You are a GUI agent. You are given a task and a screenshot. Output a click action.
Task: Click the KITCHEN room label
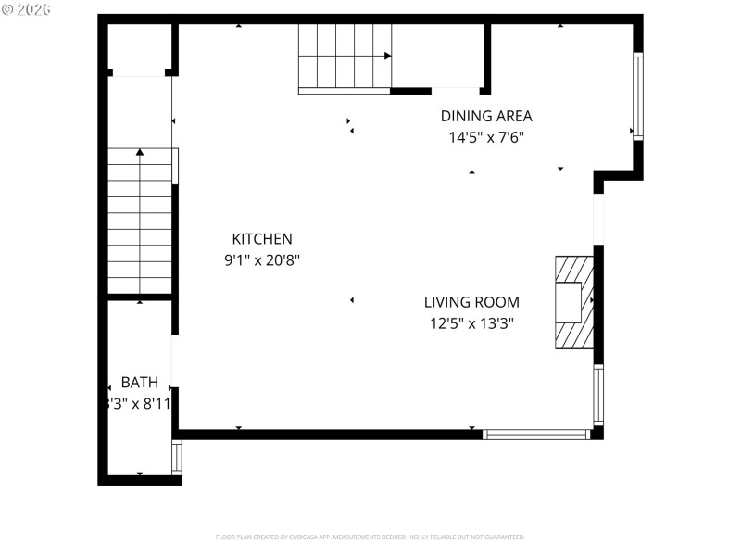(x=261, y=239)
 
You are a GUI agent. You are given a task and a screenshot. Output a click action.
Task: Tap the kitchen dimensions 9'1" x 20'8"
(x=261, y=260)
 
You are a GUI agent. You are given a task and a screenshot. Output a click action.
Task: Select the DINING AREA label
(x=486, y=116)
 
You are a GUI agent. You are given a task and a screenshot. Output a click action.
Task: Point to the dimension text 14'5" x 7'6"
(x=486, y=137)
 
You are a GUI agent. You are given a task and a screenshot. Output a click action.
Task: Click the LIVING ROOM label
(x=471, y=302)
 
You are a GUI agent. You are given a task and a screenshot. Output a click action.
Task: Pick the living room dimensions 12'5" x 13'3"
(x=471, y=323)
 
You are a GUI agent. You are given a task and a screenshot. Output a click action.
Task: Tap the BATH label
(x=139, y=382)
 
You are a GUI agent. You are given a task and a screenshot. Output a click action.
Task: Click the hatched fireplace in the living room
(x=573, y=302)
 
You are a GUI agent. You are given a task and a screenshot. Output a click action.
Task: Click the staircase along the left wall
(x=140, y=222)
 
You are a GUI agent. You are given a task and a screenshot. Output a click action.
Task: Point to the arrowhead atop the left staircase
(x=140, y=151)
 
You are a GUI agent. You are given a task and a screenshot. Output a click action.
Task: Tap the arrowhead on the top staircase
(x=387, y=56)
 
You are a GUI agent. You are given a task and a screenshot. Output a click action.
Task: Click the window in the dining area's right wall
(x=637, y=95)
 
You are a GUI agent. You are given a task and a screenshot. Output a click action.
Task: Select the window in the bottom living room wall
(x=536, y=434)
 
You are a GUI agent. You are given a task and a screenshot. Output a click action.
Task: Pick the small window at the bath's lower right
(x=176, y=457)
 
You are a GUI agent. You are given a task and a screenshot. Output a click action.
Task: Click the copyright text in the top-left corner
(x=27, y=8)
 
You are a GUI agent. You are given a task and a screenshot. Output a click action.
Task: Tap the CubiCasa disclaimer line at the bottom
(x=370, y=537)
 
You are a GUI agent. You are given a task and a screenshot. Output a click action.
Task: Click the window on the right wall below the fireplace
(x=598, y=395)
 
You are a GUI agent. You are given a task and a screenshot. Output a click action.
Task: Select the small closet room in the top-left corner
(x=140, y=48)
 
